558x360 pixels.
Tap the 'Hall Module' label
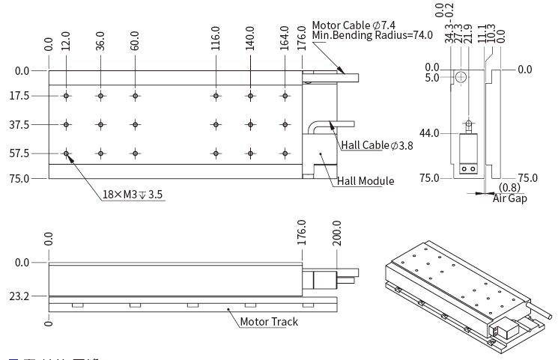pyautogui.click(x=365, y=180)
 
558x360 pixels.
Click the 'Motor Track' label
pyautogui.click(x=269, y=322)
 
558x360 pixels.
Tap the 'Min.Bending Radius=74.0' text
pyautogui.click(x=372, y=35)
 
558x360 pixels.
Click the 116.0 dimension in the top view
pyautogui.click(x=216, y=37)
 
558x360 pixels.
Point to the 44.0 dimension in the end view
pyautogui.click(x=429, y=133)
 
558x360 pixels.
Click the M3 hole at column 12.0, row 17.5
pyautogui.click(x=67, y=96)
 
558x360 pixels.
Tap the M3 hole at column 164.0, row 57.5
pyautogui.click(x=285, y=153)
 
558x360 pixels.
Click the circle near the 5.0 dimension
pyautogui.click(x=461, y=77)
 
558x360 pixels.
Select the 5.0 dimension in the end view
pyautogui.click(x=431, y=77)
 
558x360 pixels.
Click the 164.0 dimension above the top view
pyautogui.click(x=285, y=37)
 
